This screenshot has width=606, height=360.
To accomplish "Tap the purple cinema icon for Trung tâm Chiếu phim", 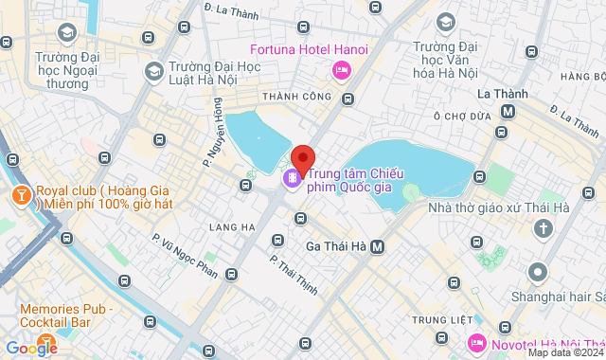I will [294, 177].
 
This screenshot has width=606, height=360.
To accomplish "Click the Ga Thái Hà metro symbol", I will [378, 246].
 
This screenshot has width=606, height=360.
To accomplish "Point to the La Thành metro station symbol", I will [508, 111].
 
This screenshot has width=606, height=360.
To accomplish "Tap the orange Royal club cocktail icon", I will [19, 194].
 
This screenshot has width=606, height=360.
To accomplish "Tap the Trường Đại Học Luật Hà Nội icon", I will [153, 71].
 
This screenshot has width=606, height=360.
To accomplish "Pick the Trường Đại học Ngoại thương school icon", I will [65, 33].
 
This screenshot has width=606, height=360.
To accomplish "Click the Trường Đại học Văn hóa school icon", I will [446, 21].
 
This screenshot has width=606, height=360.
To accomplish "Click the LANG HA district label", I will [236, 227].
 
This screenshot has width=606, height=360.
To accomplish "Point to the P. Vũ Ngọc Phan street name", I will [185, 257].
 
